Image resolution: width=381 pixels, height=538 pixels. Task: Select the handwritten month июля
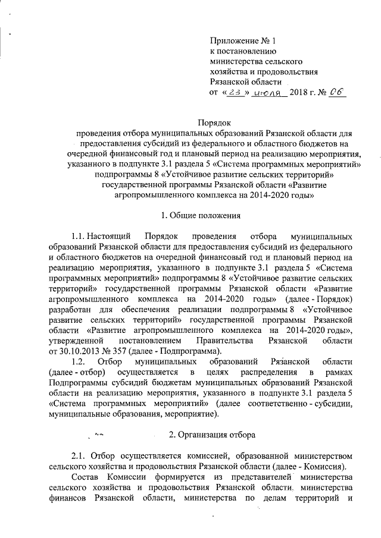pyautogui.click(x=267, y=93)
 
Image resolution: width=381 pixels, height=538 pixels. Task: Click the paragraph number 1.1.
pyautogui.click(x=79, y=235)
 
